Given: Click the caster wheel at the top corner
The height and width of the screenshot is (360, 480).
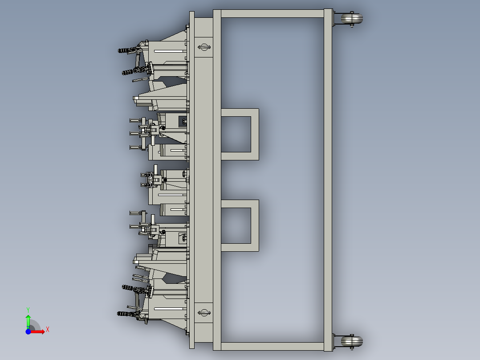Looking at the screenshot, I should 352,19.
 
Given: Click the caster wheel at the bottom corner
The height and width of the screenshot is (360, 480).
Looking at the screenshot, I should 352,342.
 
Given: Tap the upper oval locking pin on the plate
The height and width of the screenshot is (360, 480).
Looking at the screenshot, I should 204,46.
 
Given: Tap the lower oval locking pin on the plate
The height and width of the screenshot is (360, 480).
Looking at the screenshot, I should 204,312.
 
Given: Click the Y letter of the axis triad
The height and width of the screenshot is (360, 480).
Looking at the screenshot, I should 28,309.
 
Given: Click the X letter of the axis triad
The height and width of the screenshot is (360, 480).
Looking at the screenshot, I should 47,330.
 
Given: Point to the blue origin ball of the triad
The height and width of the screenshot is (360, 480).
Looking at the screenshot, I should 28,331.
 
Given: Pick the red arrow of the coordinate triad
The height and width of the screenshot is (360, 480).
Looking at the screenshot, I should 38,331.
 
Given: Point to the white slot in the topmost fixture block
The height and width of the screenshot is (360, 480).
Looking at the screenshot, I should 170,52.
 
